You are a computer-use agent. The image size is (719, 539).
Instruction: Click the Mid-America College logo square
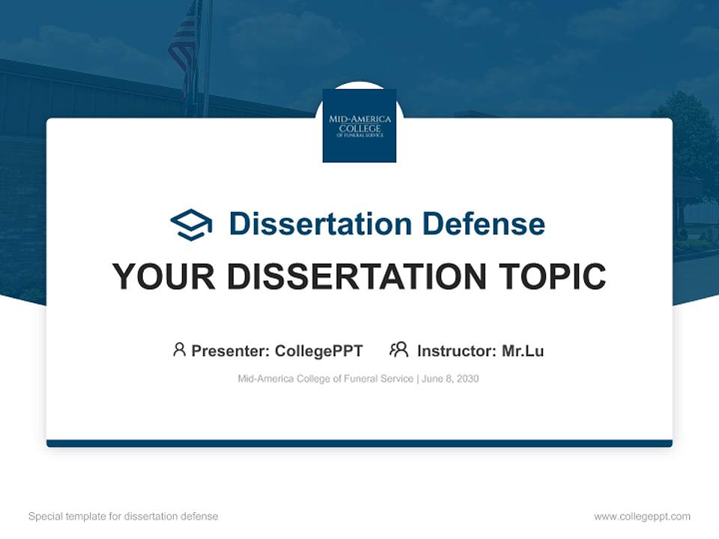coord(359,126)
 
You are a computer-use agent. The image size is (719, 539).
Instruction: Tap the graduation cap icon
coord(191,224)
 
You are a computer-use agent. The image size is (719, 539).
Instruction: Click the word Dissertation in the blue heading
coord(321,224)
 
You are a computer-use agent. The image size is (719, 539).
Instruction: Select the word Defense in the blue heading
coord(484,224)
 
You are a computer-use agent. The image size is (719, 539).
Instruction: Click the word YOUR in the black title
coord(164,276)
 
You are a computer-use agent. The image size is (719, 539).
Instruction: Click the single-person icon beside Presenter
coord(179,350)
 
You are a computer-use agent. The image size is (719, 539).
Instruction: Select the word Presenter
coord(230,351)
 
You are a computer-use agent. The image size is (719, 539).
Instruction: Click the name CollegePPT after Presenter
coord(319,351)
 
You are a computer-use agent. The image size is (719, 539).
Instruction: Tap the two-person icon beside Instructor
coord(399,350)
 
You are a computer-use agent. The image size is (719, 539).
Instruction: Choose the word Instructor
coord(457,351)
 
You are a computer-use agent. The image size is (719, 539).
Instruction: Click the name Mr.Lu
coord(524,351)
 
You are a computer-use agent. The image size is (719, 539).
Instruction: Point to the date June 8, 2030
coord(450,379)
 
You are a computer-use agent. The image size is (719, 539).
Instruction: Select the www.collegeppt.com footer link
coord(643,517)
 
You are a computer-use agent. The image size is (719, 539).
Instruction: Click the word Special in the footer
coord(46,517)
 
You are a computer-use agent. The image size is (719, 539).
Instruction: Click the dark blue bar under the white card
coord(359,443)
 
